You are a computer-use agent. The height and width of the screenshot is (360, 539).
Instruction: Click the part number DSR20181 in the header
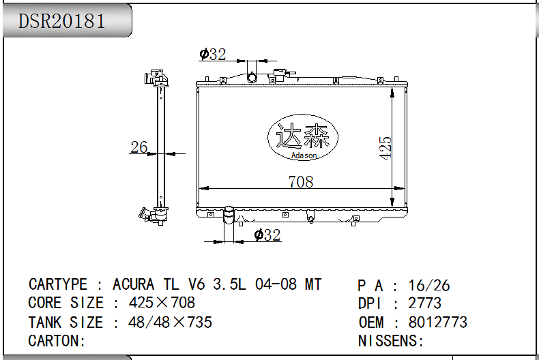pos(61,21)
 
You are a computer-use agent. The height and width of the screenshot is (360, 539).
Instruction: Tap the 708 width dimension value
pos(301,182)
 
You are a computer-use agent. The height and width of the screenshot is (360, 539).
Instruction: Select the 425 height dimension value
pos(385,148)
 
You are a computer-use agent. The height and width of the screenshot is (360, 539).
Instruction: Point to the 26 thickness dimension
pos(139,147)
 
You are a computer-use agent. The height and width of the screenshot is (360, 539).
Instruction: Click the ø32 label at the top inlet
pos(213,54)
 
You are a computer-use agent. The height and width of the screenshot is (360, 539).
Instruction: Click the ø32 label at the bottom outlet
pos(267,235)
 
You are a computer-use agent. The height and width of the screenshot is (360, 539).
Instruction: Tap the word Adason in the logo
pos(304,155)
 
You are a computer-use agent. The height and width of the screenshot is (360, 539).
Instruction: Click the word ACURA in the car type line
pos(133,284)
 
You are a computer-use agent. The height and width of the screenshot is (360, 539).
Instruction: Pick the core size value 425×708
pos(162,303)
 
